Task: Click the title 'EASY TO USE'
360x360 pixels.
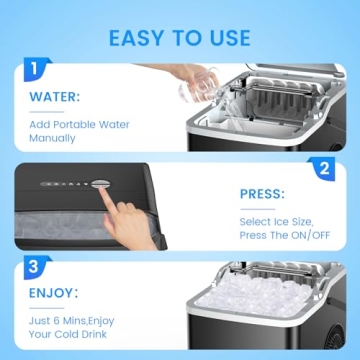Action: tap(180, 37)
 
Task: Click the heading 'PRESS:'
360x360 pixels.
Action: tap(262, 195)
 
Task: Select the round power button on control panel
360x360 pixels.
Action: tap(101, 183)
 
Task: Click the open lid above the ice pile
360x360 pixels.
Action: tap(280, 269)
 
